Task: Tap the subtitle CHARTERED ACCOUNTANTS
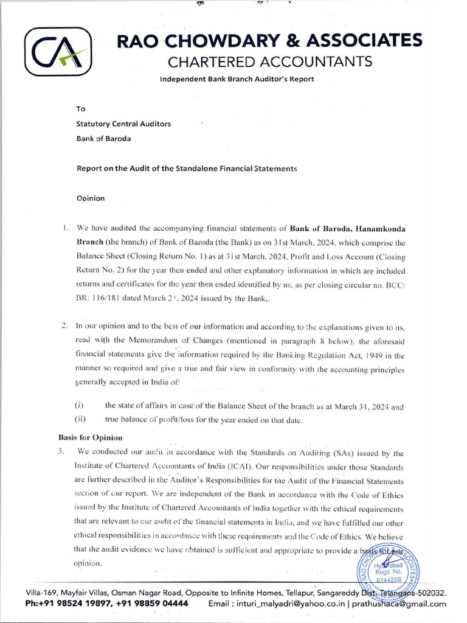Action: point(269,61)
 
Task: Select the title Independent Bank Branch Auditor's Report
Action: point(237,79)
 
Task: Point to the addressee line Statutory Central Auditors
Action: point(123,124)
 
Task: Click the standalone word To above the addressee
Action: point(81,109)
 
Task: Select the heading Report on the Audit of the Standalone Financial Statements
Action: point(186,168)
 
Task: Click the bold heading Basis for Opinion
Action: point(91,437)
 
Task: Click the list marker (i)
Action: point(79,405)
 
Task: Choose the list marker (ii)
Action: point(80,419)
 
